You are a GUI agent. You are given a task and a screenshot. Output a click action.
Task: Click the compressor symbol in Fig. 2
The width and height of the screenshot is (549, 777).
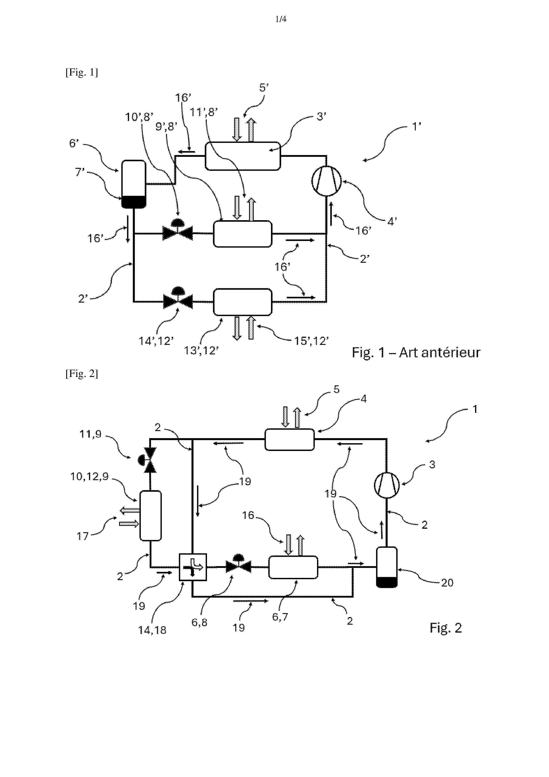(387, 485)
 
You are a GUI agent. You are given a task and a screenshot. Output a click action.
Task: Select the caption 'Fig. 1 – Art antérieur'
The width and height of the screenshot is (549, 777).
(416, 353)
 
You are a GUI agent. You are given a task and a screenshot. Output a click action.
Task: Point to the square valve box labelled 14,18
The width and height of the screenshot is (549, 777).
(192, 567)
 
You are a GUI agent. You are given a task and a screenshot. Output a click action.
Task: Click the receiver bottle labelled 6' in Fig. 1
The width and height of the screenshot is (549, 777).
(134, 184)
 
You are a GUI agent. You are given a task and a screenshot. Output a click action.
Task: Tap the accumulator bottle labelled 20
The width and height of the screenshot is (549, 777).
(387, 567)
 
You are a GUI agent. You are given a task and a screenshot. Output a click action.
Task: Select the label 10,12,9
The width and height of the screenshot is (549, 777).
(89, 476)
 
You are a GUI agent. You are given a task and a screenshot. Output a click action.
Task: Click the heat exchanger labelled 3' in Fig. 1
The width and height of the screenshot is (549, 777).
(243, 156)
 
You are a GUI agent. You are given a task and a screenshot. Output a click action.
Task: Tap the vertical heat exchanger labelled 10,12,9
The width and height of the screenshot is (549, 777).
(151, 515)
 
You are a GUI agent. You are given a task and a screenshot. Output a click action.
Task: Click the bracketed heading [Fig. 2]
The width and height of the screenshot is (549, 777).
(81, 374)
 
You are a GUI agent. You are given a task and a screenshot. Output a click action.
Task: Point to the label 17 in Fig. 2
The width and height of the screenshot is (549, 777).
(83, 536)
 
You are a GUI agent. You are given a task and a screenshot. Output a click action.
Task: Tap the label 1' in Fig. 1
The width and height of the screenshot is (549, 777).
(416, 126)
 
